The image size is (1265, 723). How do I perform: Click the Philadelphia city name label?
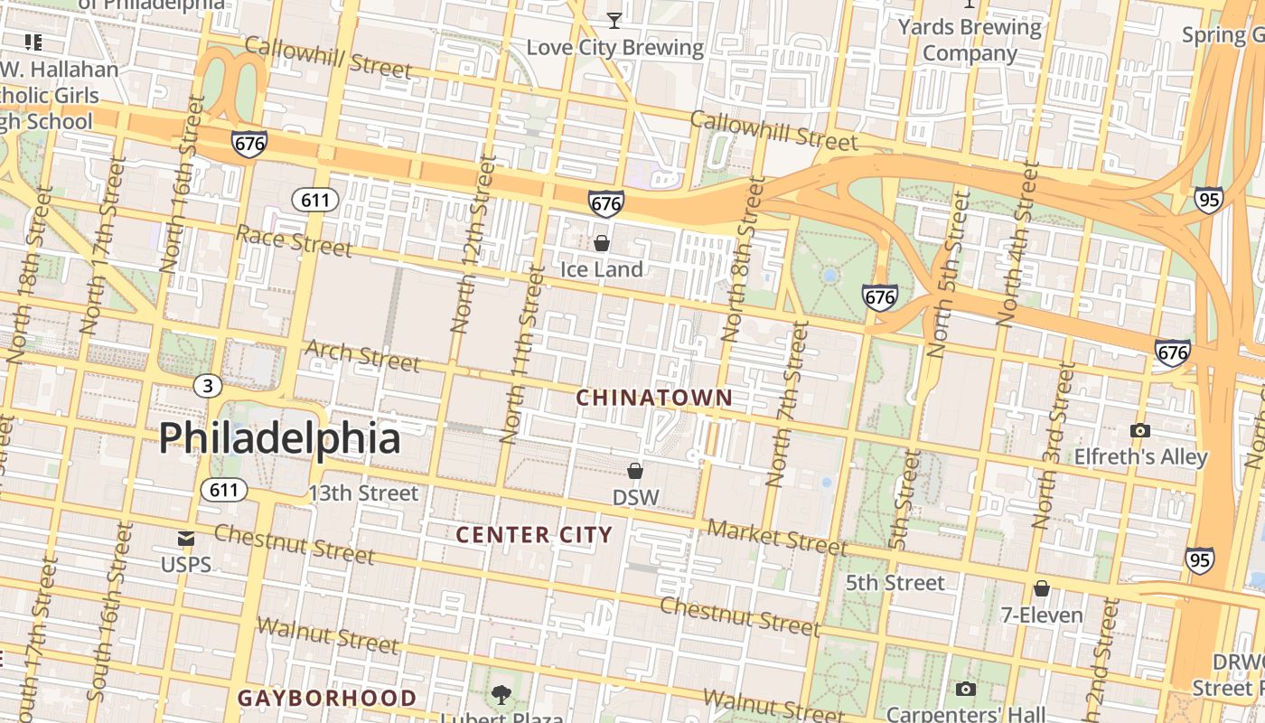click(x=279, y=438)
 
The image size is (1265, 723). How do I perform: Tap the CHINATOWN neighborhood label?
click(x=654, y=398)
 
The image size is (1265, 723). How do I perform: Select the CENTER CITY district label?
click(x=534, y=535)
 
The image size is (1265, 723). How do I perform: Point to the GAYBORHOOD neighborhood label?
click(x=327, y=698)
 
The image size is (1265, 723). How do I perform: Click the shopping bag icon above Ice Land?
click(x=602, y=243)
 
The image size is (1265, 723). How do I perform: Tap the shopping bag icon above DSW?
click(x=635, y=471)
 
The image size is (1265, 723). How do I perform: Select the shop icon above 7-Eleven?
click(x=1042, y=589)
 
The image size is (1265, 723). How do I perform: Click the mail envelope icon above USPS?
click(x=186, y=540)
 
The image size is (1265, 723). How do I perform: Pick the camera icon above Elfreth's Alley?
click(x=1140, y=431)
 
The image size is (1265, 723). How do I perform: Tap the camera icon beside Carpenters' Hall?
click(x=965, y=690)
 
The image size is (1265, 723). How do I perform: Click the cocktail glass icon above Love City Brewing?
click(x=614, y=20)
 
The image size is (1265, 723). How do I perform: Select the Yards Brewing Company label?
click(x=970, y=40)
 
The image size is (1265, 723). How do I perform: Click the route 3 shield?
click(x=208, y=387)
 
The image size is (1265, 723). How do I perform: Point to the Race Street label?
click(x=294, y=241)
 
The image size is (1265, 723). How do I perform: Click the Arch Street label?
click(x=362, y=356)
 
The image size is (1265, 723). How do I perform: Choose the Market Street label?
click(x=777, y=537)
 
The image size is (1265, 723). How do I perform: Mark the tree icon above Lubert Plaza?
click(x=501, y=695)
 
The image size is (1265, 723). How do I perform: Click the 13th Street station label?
click(x=363, y=493)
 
